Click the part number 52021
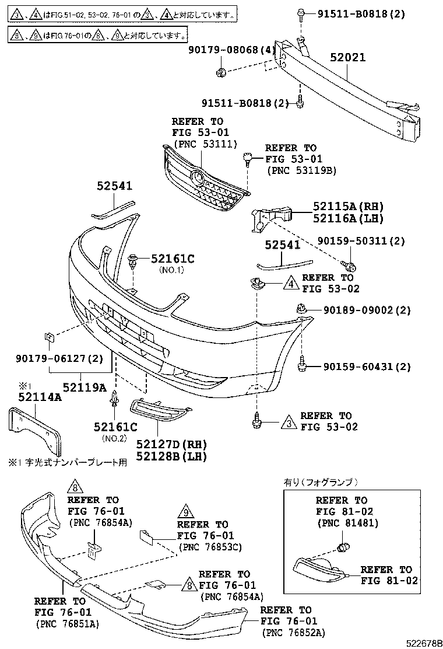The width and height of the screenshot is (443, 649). [348, 58]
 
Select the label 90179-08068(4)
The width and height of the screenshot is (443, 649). [231, 51]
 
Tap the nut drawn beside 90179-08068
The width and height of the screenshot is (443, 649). [221, 72]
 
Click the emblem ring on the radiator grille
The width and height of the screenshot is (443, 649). [199, 177]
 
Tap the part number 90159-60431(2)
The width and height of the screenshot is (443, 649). [367, 367]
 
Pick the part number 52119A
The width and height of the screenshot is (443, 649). [85, 387]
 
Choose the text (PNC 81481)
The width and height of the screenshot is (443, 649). [347, 523]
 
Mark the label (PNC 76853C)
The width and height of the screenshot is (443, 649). [210, 547]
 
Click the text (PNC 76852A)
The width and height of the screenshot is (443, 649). [294, 633]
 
